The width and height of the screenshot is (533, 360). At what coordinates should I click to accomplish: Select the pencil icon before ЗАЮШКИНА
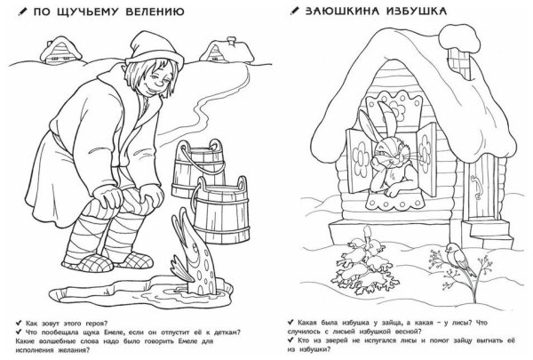[x=293, y=13]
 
